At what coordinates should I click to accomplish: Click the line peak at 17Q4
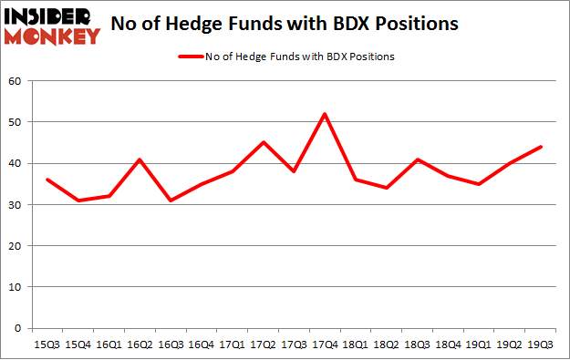pos(324,114)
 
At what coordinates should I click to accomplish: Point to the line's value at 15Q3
pos(47,180)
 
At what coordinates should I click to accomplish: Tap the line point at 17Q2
pos(264,142)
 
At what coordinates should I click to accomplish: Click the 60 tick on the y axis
pos(16,81)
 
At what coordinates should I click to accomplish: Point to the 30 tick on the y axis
pos(16,205)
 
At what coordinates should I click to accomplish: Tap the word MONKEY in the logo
pos(54,36)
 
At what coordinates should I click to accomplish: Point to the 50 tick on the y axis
pos(16,122)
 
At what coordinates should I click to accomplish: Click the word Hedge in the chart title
pos(185,25)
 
